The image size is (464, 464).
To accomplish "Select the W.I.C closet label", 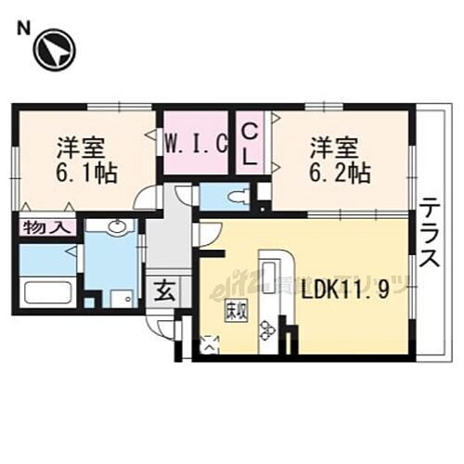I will (x=196, y=145).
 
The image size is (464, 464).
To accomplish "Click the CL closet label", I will (x=250, y=145).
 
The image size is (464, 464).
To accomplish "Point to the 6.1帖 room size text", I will (x=85, y=173).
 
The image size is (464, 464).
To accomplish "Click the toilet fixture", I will (x=235, y=196).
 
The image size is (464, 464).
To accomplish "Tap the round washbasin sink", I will (x=118, y=228).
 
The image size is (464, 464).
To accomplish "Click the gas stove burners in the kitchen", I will (x=268, y=329).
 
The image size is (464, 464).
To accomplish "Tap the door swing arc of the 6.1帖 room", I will (x=146, y=198).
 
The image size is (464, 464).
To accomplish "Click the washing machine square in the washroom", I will (x=120, y=297).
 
